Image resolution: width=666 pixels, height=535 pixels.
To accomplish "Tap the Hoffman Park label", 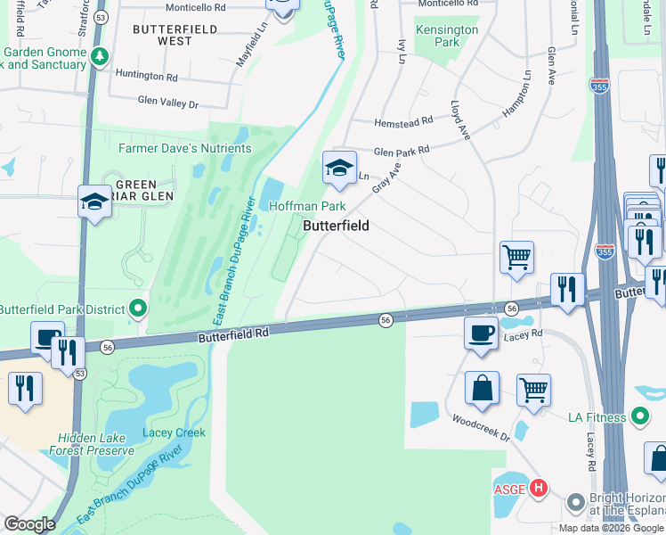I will (x=307, y=206).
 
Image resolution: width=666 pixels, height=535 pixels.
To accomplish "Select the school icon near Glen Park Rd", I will (x=338, y=169).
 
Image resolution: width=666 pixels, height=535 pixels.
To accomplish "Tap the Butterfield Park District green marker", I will (x=138, y=309).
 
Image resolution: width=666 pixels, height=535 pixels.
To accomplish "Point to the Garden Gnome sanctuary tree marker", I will (x=99, y=56).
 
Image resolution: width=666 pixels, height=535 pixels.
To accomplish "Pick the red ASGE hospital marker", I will (x=538, y=488).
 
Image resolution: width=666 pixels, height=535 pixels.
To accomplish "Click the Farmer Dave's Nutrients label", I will (x=185, y=148).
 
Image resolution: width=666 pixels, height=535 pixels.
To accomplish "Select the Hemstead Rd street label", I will (x=403, y=119).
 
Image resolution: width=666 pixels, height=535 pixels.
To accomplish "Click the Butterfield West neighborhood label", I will (x=175, y=35).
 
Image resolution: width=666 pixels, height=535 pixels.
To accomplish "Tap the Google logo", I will (x=30, y=524).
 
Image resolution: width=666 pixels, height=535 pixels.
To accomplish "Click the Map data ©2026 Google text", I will (x=610, y=528).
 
